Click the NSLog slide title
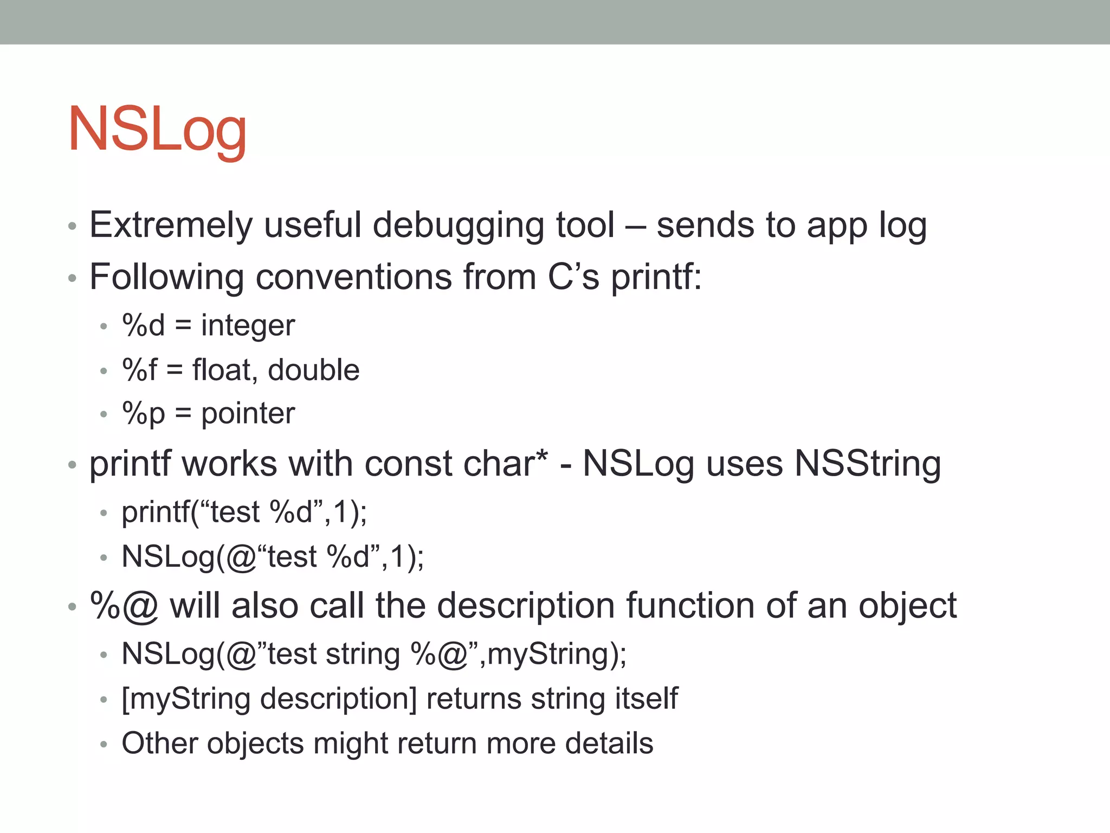click(x=157, y=130)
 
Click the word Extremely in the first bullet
click(x=171, y=225)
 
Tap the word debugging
click(x=458, y=225)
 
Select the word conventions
click(x=353, y=277)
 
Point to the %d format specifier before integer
click(x=143, y=325)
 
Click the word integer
click(x=248, y=325)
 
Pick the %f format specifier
click(x=139, y=370)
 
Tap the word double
click(x=313, y=370)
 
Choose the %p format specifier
click(x=143, y=413)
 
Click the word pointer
click(x=248, y=413)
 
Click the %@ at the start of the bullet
click(x=124, y=605)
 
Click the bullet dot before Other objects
click(x=104, y=744)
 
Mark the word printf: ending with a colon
click(x=656, y=277)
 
